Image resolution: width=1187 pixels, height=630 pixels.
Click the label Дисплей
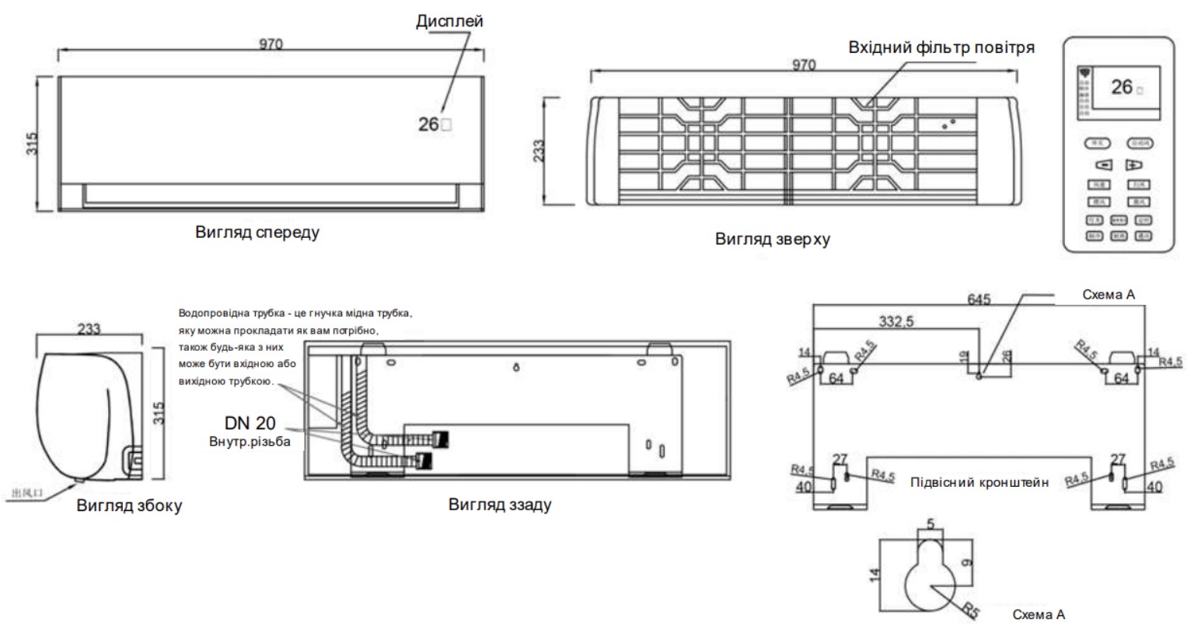449,20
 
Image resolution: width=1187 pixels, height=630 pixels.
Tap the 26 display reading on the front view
428,123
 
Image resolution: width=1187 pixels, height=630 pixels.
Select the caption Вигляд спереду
257,232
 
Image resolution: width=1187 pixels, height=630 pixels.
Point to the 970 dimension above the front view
271,44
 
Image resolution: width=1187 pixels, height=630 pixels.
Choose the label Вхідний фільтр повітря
941,47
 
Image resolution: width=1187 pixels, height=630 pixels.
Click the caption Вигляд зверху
772,239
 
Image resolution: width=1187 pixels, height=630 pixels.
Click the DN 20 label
250,425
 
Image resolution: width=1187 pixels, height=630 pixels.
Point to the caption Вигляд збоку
129,506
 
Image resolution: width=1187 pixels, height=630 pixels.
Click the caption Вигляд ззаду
500,504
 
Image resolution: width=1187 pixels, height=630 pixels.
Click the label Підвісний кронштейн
979,482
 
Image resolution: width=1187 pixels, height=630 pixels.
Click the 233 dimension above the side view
89,329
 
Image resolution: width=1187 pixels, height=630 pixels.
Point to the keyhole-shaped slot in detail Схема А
930,576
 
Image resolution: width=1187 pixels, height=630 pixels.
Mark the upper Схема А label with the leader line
1109,295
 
